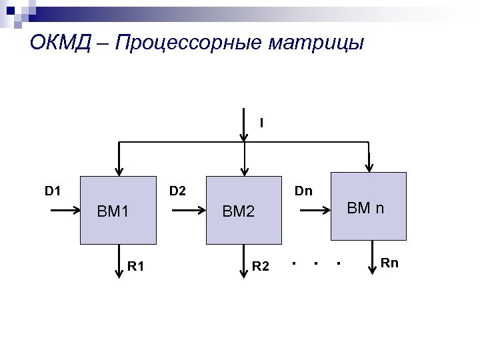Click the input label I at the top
point(261,123)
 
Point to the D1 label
point(53,192)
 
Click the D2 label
point(177,192)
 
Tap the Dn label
point(303,192)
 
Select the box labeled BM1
point(119,211)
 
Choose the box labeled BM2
point(243,211)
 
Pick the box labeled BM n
point(369,206)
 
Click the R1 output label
point(136,267)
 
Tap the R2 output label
point(261,267)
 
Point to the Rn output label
point(389,263)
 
